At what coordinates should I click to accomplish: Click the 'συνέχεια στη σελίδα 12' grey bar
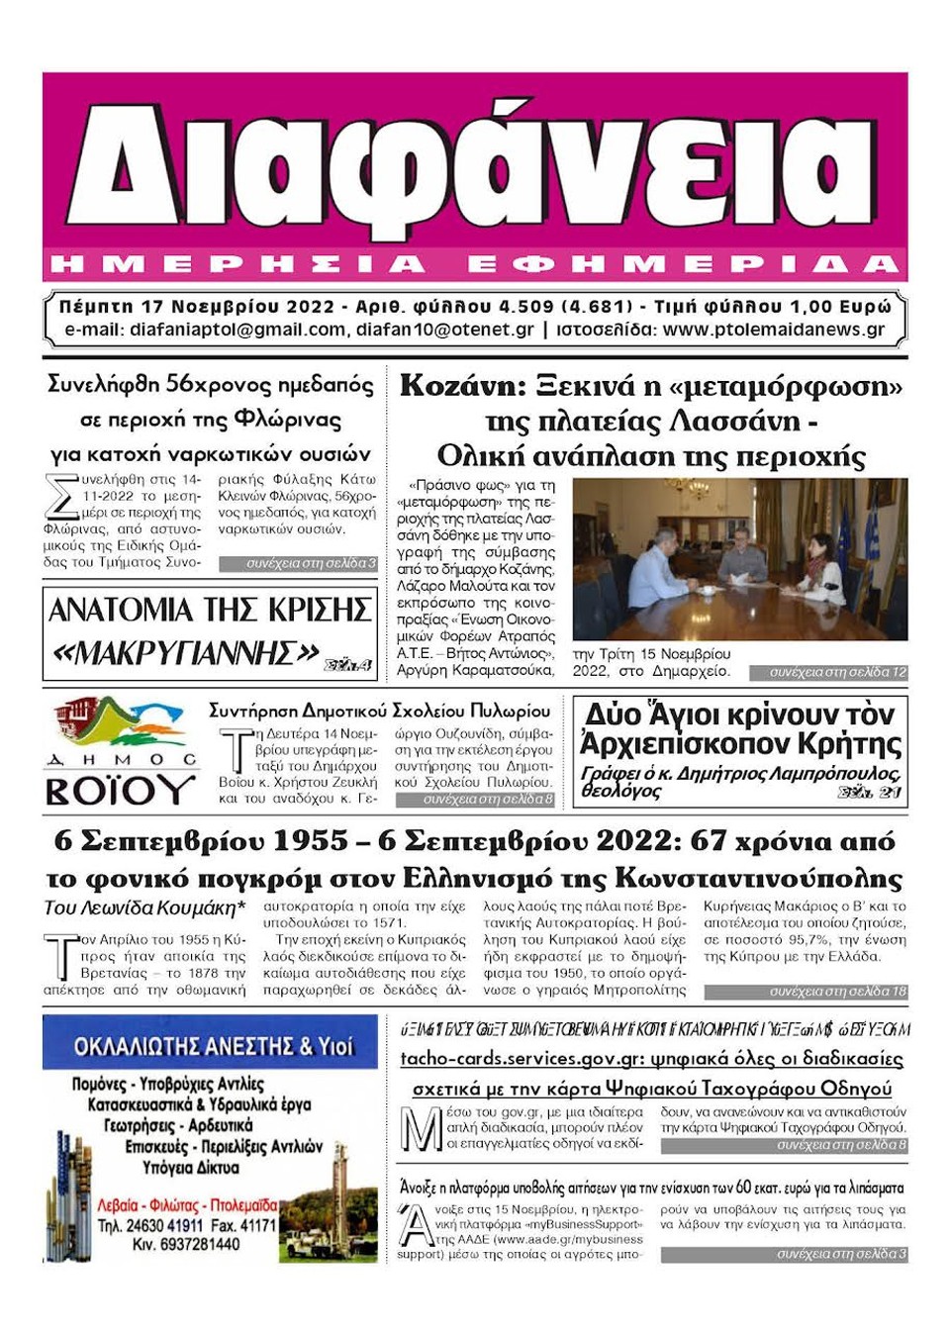tap(827, 673)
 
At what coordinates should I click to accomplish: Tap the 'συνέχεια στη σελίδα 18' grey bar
tap(806, 991)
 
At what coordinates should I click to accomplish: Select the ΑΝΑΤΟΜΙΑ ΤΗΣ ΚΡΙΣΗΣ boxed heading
tap(210, 610)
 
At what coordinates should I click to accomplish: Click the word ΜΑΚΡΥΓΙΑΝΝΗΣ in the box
tap(185, 652)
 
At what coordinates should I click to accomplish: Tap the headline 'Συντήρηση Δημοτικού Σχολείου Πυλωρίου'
tap(379, 711)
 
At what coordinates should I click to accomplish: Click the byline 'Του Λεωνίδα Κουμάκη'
tap(144, 907)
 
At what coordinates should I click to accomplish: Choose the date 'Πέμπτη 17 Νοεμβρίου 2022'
tap(197, 307)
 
